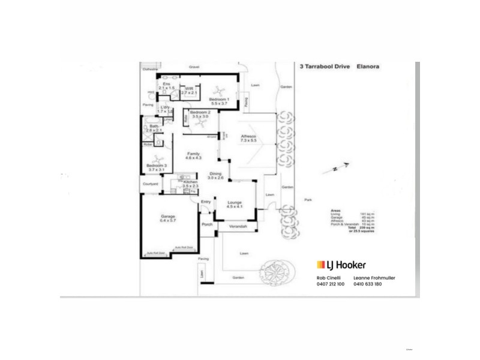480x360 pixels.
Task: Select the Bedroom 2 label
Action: point(200,113)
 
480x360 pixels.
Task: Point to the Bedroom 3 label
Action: point(157,167)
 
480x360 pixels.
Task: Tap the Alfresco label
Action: point(248,137)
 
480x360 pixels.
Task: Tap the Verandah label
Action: point(237,226)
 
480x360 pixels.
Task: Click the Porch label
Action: point(208,225)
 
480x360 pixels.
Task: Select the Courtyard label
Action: point(149,185)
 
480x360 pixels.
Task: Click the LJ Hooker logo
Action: point(341,265)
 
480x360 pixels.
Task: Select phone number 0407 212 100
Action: point(330,284)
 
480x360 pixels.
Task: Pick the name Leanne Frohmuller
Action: point(378,278)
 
